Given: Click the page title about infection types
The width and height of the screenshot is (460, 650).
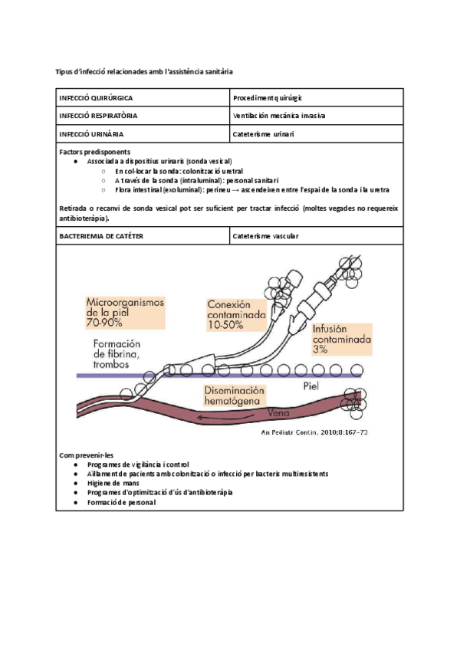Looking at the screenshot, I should tap(145, 71).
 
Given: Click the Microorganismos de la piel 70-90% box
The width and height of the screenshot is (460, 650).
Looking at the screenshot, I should tap(125, 313).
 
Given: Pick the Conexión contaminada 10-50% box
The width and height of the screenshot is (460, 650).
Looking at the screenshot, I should tap(237, 314).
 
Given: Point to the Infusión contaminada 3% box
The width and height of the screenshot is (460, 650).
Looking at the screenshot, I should tap(342, 338).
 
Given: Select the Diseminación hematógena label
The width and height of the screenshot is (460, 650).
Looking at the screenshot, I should tap(234, 396).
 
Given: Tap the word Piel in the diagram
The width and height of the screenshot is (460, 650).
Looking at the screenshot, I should tap(310, 386).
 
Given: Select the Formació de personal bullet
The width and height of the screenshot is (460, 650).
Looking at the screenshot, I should tap(121, 502).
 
